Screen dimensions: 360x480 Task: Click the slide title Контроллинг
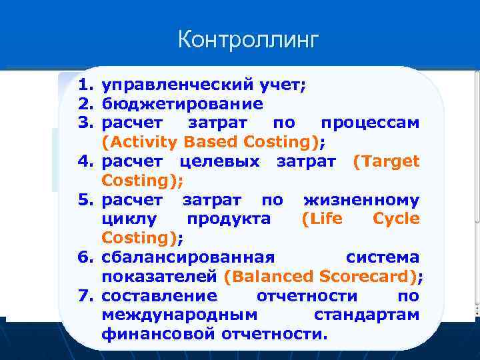249,40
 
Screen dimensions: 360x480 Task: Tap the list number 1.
83,85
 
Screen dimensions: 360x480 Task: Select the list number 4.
83,161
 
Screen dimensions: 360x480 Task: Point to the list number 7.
83,295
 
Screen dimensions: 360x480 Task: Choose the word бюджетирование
182,105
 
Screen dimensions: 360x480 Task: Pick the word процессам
370,123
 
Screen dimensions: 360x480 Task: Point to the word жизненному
361,200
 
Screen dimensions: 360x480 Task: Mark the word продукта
229,219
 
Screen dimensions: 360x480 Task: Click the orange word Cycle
396,219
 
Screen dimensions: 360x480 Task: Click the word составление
159,295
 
